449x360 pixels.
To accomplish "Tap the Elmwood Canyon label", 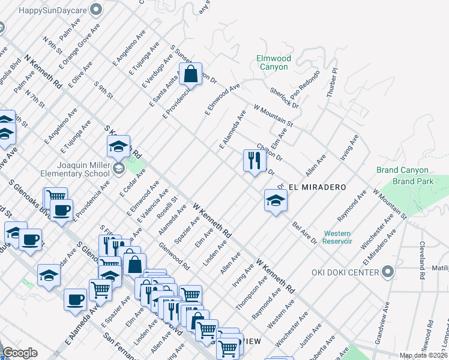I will [273, 62].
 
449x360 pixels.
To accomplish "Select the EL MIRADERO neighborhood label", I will [318, 187].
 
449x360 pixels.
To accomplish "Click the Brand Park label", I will [411, 181].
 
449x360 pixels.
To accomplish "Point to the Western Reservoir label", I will [337, 237].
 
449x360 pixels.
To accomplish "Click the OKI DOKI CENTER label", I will [345, 272].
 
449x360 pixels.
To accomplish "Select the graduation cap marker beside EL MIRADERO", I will [276, 200].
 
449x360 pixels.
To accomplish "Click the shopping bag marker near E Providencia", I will [190, 74].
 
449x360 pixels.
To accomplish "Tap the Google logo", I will [20, 353].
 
